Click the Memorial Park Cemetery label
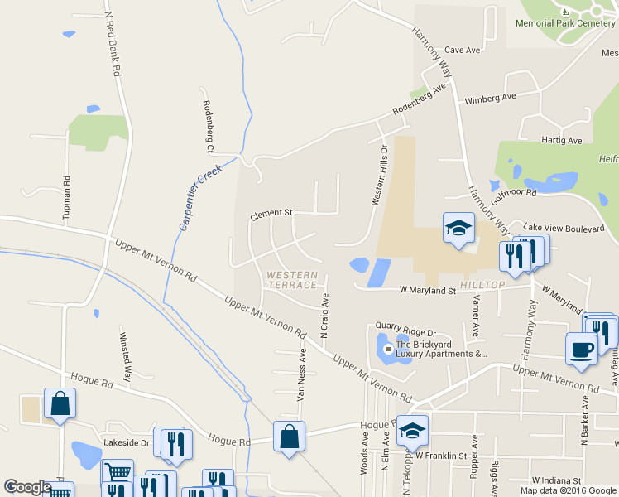pyautogui.click(x=565, y=23)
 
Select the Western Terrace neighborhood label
pyautogui.click(x=291, y=279)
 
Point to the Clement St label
pyautogui.click(x=271, y=214)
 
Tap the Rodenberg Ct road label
pyautogui.click(x=208, y=127)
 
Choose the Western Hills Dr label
pyautogui.click(x=379, y=176)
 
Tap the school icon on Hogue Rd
pyautogui.click(x=412, y=431)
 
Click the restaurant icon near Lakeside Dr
pyautogui.click(x=176, y=444)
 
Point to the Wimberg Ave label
pyautogui.click(x=490, y=98)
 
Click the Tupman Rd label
pyautogui.click(x=66, y=198)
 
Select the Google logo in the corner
pyautogui.click(x=27, y=488)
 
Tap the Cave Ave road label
pyautogui.click(x=463, y=51)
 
